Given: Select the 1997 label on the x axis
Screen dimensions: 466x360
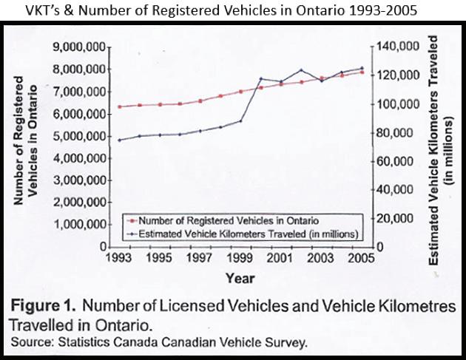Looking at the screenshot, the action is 199,257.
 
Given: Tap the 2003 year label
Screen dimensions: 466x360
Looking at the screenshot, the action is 320,257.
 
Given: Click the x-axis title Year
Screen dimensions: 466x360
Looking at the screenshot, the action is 240,279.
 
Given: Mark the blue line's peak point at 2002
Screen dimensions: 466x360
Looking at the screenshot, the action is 301,70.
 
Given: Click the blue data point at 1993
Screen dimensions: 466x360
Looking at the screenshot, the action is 120,140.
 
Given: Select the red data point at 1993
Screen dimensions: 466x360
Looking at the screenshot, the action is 120,106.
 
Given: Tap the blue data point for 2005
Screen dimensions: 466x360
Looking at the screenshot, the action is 362,68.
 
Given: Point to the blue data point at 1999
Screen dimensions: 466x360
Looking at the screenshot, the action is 240,121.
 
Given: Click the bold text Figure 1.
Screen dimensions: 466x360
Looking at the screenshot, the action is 43,305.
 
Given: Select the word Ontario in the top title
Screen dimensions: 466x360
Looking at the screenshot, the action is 320,10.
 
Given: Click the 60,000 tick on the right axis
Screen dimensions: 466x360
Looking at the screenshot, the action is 395,161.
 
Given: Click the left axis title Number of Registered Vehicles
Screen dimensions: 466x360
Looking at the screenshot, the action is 26,140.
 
